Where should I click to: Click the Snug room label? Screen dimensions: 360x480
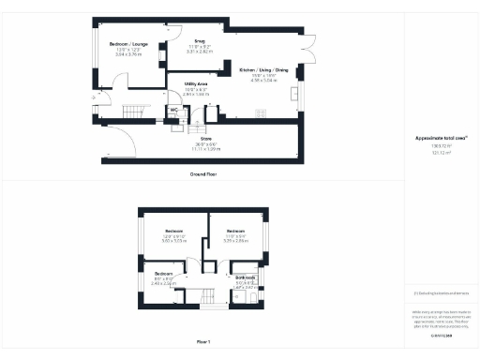coord(200,41)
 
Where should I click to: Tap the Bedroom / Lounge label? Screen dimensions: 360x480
coord(127,45)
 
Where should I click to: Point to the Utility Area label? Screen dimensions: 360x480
coord(196,84)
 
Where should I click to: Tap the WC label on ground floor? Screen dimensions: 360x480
coord(172,110)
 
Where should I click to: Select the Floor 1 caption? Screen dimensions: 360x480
coord(203,342)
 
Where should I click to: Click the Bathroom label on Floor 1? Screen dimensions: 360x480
coord(246,278)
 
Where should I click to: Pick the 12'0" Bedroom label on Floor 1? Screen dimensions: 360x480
coord(174,231)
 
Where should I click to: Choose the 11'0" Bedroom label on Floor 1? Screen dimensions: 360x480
coord(234,231)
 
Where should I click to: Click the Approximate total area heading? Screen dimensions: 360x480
coord(434,139)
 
